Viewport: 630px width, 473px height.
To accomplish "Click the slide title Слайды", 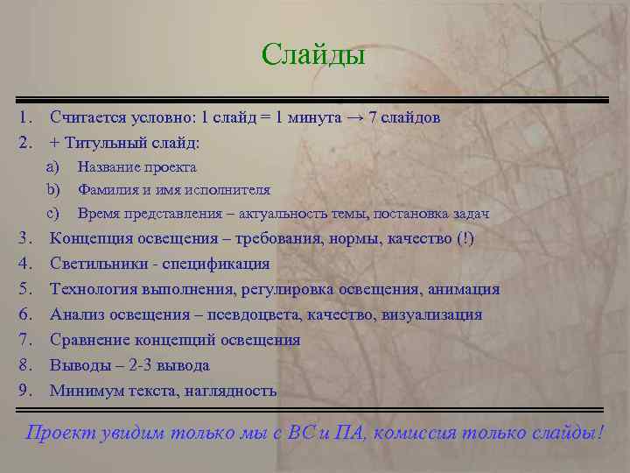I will (x=312, y=55).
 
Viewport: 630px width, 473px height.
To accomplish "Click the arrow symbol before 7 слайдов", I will (x=354, y=116).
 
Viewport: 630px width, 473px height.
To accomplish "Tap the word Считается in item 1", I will (x=87, y=116).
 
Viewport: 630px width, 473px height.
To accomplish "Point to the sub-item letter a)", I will (x=52, y=166).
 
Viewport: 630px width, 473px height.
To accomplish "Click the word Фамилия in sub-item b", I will (x=107, y=189).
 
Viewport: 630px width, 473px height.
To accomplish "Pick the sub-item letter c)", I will (x=52, y=213).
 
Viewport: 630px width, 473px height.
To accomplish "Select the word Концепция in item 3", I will (x=93, y=239).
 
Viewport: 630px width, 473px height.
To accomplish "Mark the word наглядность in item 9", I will (x=230, y=391).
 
